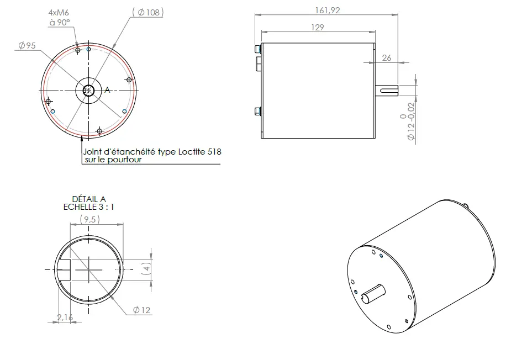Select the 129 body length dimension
pos(318,27)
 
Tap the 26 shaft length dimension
pos(386,57)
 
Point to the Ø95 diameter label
pos(27,46)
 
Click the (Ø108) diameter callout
pos(148,12)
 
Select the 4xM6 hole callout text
pos(59,12)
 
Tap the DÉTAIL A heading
pos(88,199)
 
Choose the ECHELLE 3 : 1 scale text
pos(88,207)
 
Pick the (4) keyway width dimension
pos(146,268)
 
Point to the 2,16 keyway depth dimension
pos(65,317)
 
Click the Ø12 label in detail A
pos(142,310)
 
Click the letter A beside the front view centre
pos(108,90)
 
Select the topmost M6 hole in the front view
pos(78,50)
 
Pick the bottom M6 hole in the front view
pos(99,131)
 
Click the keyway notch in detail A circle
pos(65,269)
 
